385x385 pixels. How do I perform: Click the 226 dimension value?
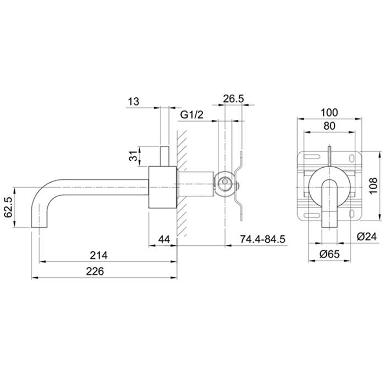95,272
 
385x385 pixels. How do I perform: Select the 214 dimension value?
98,255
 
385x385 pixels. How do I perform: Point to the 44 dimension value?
164,239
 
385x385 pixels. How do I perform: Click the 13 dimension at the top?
134,101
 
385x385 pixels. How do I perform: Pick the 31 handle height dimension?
133,156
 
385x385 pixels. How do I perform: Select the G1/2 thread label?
192,114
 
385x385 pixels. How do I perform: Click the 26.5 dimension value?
234,98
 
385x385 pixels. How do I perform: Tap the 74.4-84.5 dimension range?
262,239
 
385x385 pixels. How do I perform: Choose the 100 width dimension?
329,112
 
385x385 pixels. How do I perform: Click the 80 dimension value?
329,126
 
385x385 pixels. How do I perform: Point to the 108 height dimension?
373,186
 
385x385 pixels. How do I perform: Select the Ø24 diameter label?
367,237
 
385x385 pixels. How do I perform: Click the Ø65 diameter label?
329,254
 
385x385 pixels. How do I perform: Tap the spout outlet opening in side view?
39,228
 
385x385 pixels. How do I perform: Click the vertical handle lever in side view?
164,156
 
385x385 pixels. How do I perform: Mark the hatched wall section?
182,183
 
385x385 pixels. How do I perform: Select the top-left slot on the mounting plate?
312,156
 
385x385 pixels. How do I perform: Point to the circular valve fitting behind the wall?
224,183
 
